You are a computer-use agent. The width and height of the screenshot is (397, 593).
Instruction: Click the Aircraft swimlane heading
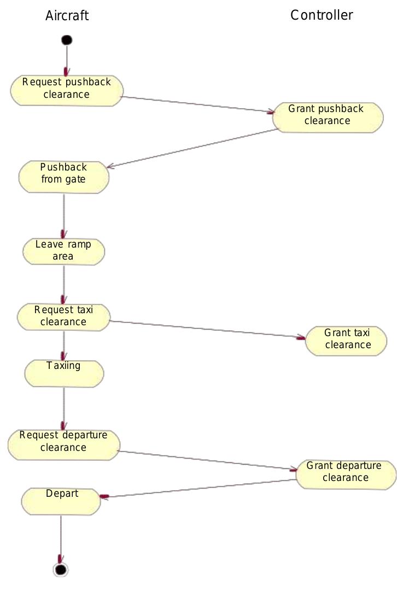(67, 16)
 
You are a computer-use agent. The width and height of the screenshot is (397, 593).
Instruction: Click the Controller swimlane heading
(322, 15)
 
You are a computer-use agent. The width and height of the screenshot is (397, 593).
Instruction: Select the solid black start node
(67, 40)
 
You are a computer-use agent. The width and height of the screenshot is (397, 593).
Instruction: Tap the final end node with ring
(61, 570)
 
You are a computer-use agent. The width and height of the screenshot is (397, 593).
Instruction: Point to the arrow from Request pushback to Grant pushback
(197, 105)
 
